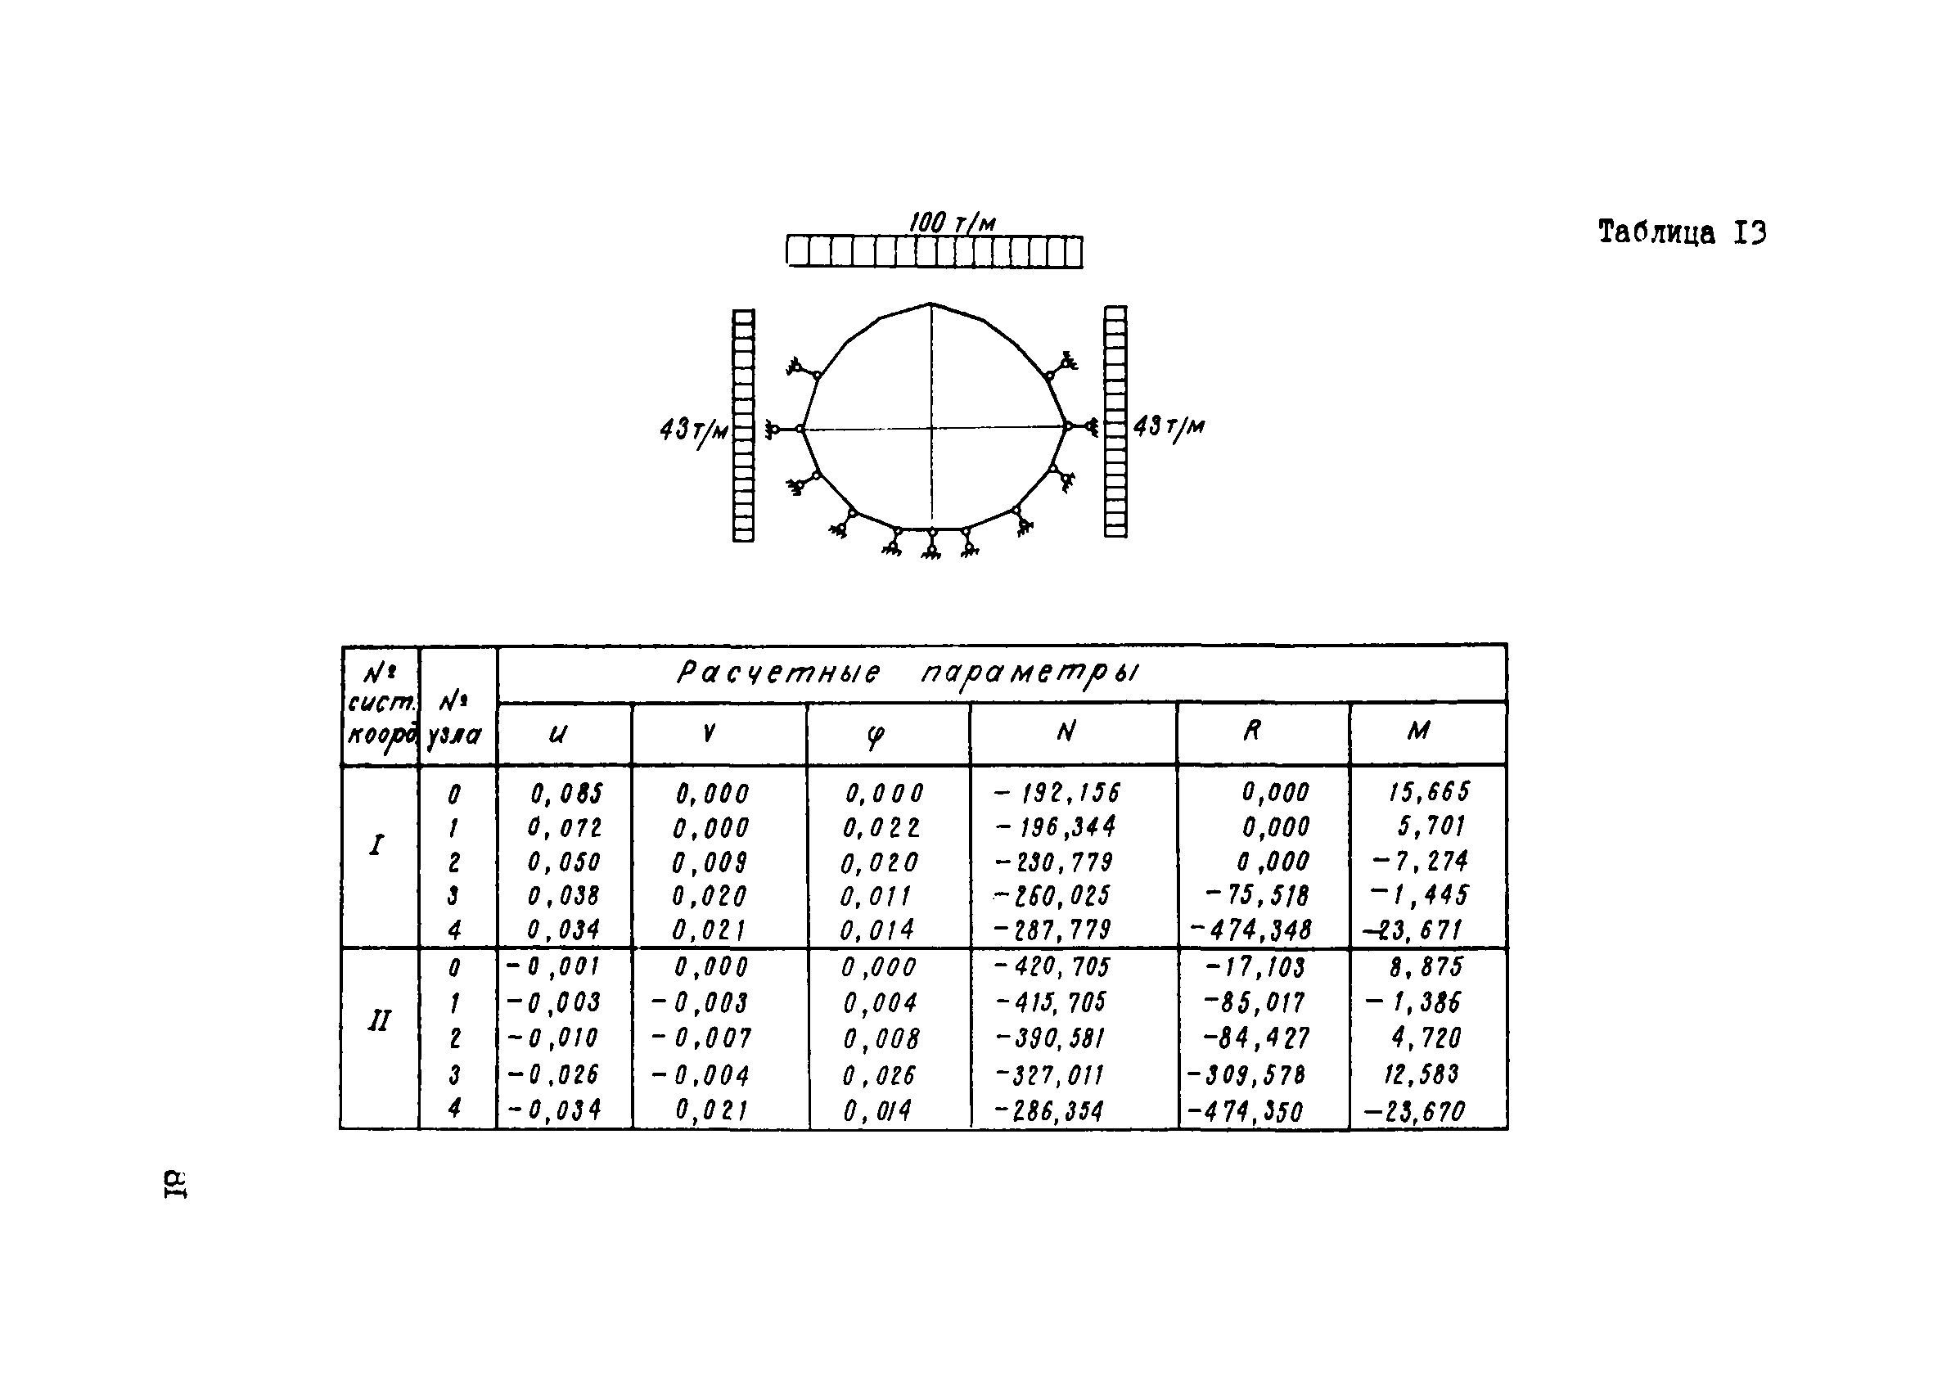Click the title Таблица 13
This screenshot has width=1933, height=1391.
pos(1681,232)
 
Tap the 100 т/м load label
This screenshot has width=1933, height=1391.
pos(951,223)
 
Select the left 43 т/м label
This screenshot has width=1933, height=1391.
pos(694,430)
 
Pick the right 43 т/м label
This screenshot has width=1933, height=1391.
pos(1169,426)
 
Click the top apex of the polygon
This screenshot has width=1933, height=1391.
pos(930,304)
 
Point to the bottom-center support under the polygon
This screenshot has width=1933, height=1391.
pos(931,545)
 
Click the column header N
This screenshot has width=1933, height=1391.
pos(1066,732)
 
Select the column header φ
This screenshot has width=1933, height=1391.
pos(876,735)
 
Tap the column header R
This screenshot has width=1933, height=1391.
pos(1251,731)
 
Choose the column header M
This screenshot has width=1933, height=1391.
pos(1418,731)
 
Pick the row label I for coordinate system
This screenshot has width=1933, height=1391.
pos(376,845)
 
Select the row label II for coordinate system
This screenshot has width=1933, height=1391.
pos(378,1021)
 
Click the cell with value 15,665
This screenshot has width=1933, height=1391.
pos(1428,793)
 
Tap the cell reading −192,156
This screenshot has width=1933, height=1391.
pos(1057,794)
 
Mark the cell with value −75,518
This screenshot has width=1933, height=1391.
pos(1256,896)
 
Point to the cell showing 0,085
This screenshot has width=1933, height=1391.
pos(566,795)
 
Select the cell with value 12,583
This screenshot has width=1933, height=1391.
pos(1421,1074)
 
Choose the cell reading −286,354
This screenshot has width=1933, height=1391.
pos(1049,1111)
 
